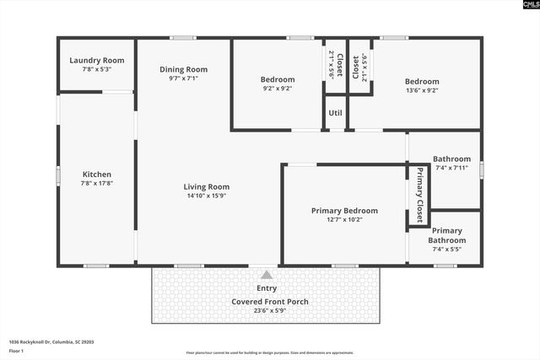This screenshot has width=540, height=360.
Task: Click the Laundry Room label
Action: click(96, 60)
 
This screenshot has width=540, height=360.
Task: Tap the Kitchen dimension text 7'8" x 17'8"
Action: click(96, 183)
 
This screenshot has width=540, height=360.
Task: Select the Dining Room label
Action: click(183, 69)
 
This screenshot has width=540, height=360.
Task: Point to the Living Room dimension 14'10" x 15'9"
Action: click(206, 196)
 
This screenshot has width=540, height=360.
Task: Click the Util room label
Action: click(335, 112)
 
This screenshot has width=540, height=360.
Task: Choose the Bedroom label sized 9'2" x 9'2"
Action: click(277, 80)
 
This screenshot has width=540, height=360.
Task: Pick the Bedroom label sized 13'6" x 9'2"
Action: click(422, 82)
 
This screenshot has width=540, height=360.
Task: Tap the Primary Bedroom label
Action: click(344, 211)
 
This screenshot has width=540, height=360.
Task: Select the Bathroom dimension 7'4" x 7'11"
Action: click(451, 168)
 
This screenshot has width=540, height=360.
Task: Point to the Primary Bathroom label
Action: click(448, 235)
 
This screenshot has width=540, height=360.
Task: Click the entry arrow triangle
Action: click(267, 275)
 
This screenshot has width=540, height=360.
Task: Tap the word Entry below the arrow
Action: click(267, 288)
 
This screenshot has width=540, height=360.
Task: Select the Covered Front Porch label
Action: click(270, 301)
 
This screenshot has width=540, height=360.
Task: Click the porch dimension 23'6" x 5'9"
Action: click(270, 310)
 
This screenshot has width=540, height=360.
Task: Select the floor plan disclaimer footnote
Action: click(270, 352)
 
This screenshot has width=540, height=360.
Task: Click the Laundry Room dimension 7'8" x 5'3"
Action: click(96, 69)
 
